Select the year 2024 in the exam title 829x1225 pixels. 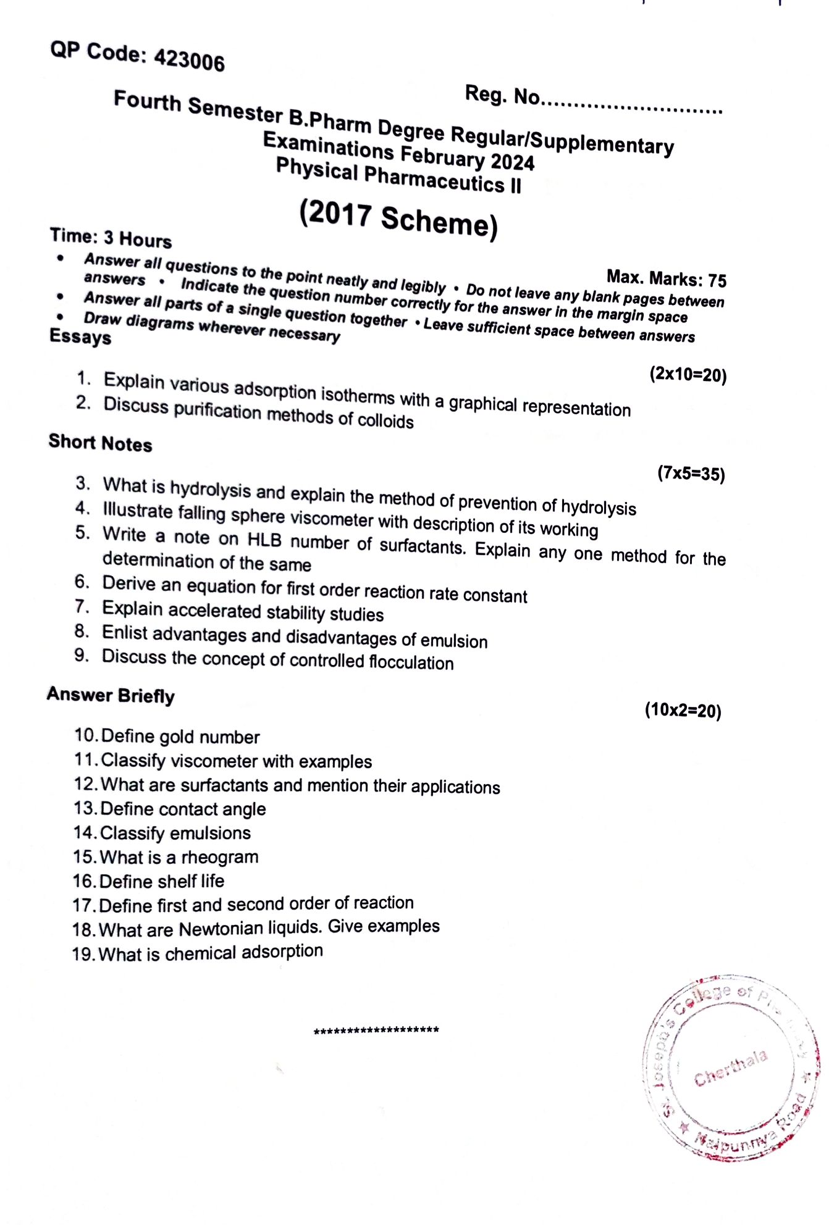point(512,161)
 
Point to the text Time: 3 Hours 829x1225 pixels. point(111,238)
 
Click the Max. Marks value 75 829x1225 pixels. point(717,281)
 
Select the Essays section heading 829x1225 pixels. point(80,337)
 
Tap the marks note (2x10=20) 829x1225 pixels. point(688,374)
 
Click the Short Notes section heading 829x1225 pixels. point(100,443)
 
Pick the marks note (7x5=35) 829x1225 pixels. point(691,474)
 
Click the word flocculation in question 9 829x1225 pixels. point(411,662)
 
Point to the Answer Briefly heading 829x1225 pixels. point(111,695)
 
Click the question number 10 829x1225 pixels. point(85,735)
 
